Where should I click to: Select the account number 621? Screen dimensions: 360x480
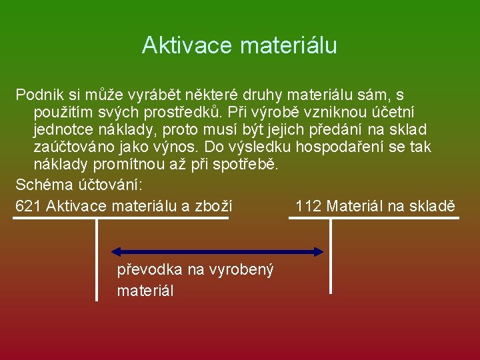[x=28, y=206]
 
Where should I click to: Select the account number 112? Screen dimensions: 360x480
[x=308, y=206]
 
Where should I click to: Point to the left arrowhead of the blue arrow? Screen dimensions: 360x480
[x=115, y=252]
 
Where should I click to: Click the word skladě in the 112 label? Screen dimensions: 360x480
[x=431, y=206]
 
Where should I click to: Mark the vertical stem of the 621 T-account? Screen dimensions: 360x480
[x=97, y=260]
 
